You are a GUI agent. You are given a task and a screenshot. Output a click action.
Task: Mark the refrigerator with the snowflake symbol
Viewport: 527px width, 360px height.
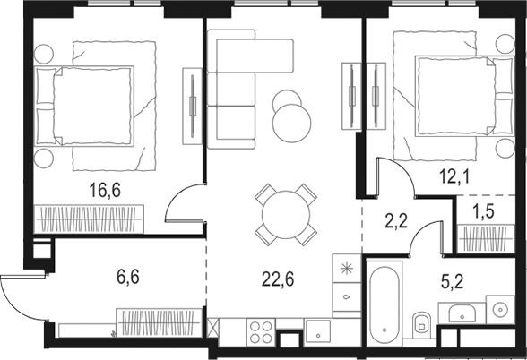point(347,268)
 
